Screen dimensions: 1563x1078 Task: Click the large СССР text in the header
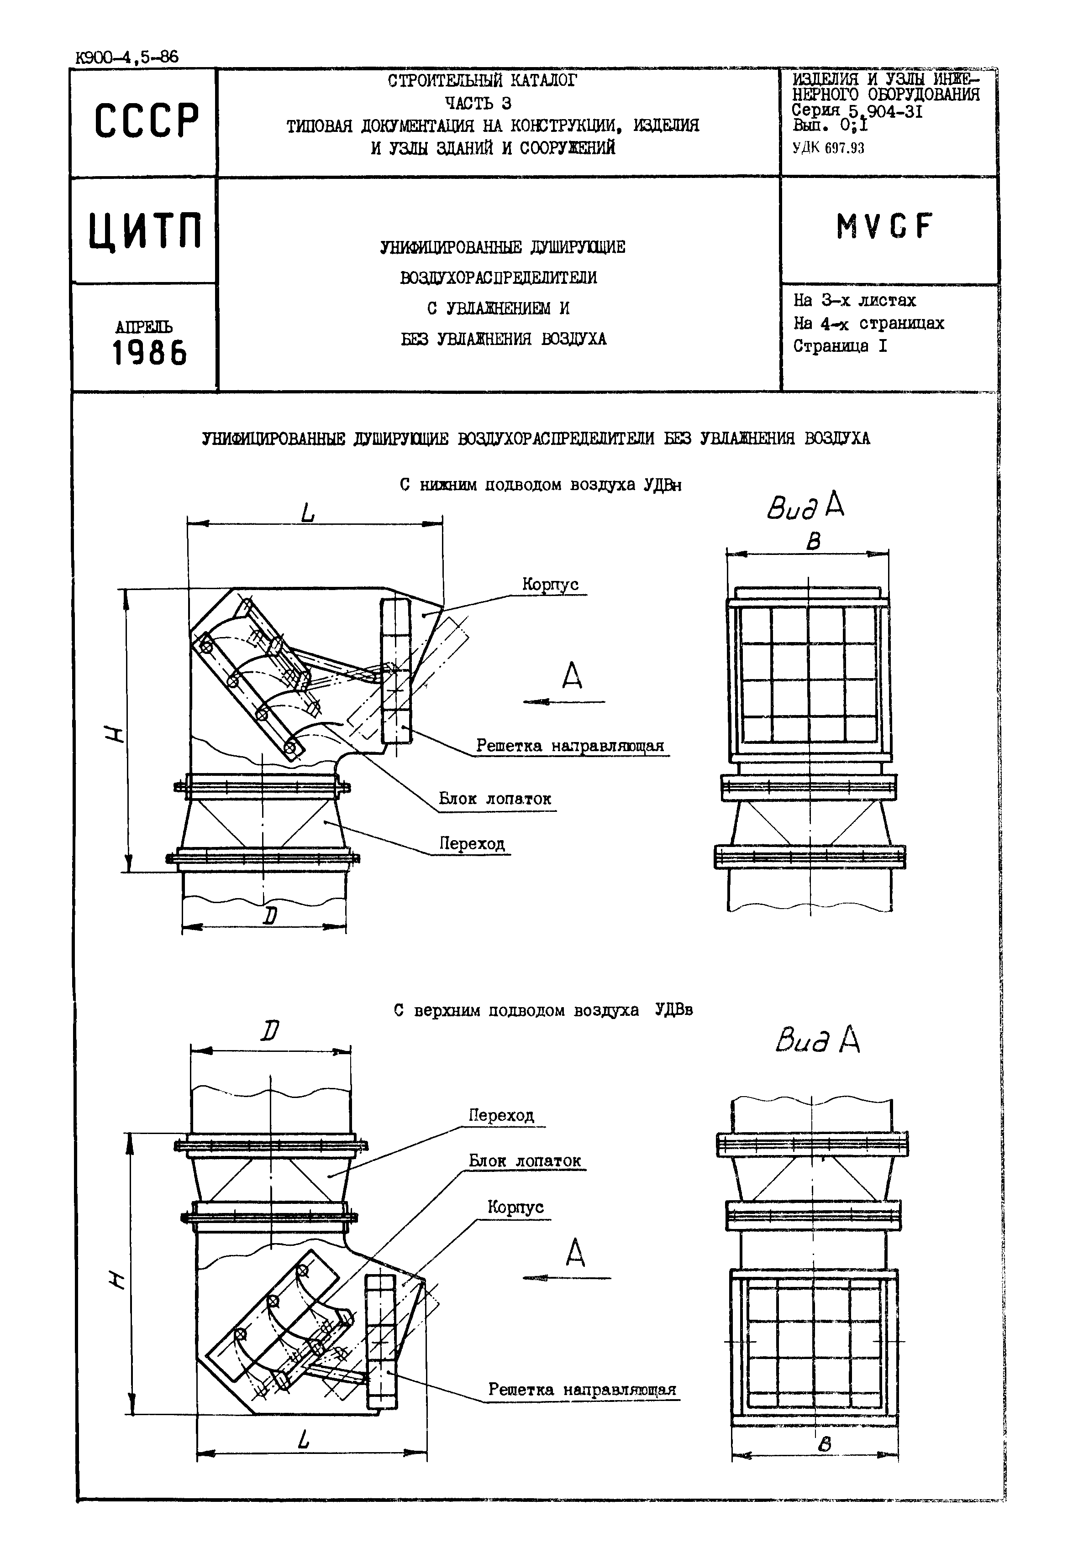(x=147, y=121)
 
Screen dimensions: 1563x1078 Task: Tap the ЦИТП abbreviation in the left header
(x=145, y=231)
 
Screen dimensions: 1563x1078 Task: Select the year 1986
(x=149, y=353)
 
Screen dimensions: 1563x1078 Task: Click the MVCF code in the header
(x=883, y=228)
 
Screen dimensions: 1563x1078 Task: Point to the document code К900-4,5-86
(x=126, y=58)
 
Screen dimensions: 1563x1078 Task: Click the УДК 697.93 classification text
(x=828, y=148)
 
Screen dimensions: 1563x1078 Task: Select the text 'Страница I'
(x=840, y=346)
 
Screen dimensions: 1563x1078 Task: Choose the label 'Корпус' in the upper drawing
(x=550, y=585)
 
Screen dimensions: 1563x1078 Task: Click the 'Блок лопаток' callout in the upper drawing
(x=494, y=799)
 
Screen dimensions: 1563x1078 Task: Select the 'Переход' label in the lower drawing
(x=501, y=1115)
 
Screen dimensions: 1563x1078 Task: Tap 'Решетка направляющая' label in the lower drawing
(x=582, y=1390)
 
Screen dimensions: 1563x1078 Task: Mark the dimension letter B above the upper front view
(x=814, y=542)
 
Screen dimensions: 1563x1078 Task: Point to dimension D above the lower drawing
(x=270, y=1032)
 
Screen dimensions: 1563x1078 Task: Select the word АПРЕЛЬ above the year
(x=144, y=328)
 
